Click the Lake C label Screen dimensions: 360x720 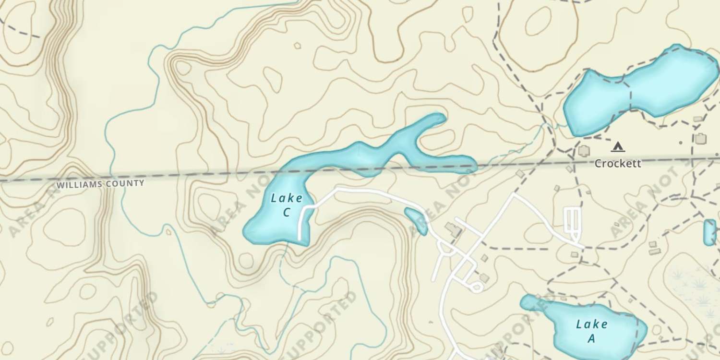pos(287,205)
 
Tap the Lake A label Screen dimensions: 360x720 pos(591,331)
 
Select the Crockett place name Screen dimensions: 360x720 pos(617,164)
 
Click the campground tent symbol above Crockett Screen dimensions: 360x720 pos(618,146)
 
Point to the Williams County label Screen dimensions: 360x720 pos(100,183)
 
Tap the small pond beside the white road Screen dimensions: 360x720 pos(416,221)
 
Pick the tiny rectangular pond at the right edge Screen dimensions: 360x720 pos(709,232)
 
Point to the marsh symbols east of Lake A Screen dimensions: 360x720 pos(696,288)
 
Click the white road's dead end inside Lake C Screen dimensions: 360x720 pos(300,238)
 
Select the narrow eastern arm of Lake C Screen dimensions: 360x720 pos(446,163)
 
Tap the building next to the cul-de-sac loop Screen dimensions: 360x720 pos(484,278)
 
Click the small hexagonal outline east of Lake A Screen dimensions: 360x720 pos(657,330)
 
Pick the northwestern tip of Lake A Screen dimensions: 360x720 pos(524,300)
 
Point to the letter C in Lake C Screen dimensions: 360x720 pos(287,212)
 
